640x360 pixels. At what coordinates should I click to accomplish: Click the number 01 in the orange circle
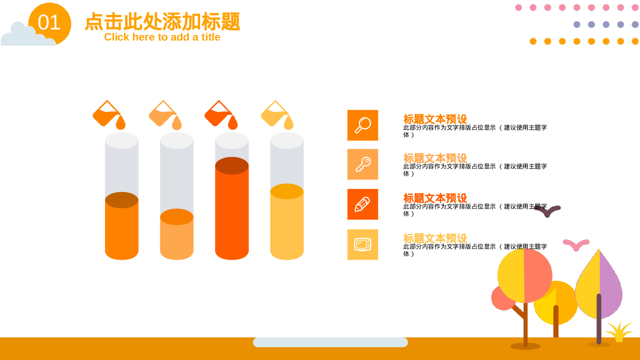tap(49, 23)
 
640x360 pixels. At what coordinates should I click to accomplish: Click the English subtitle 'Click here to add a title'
tap(162, 37)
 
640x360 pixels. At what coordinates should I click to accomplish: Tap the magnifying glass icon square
tap(363, 125)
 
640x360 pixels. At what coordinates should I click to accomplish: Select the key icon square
tap(363, 164)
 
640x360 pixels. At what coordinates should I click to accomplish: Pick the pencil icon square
tap(363, 204)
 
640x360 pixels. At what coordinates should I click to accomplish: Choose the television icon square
tap(363, 244)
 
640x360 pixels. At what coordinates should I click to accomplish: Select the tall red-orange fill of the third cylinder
tap(232, 213)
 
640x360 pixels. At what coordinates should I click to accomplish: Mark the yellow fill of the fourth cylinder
tap(287, 226)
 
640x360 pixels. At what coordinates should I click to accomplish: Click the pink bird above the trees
tap(576, 244)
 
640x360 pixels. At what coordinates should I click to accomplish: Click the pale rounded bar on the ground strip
tap(330, 342)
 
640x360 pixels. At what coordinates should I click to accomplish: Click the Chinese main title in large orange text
tap(162, 21)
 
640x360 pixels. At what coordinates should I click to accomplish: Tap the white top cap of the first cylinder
tap(122, 140)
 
